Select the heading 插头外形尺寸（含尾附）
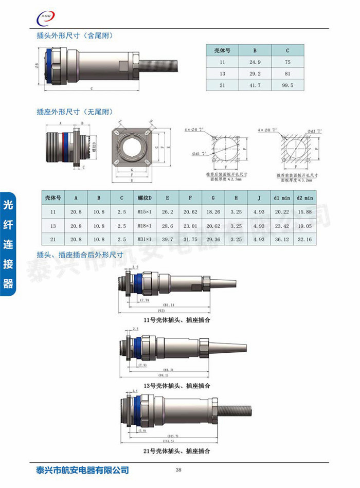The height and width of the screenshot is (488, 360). coord(75,37)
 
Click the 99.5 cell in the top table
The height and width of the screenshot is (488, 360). coord(287,85)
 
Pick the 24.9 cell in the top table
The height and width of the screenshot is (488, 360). coord(255,62)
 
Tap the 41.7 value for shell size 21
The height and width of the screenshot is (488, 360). coord(255,85)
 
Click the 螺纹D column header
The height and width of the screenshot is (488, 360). coord(145,197)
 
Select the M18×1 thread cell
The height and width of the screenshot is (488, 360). coord(145,226)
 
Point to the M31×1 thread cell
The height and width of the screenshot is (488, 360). coord(145,240)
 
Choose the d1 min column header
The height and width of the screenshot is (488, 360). coord(282,197)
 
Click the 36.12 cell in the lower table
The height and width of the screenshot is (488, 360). coord(282,240)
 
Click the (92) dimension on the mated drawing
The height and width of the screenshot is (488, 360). coord(161,311)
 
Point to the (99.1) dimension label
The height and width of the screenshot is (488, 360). coord(164,375)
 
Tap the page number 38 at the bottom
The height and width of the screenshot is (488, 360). coord(178,470)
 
